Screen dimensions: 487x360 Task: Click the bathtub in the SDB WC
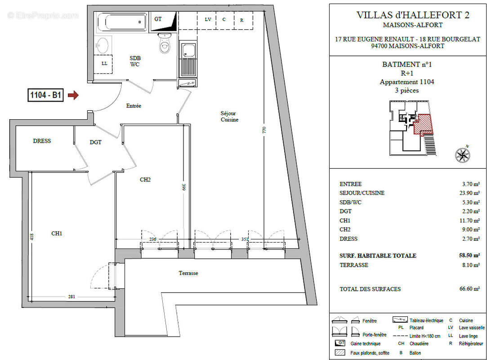coord(122,22)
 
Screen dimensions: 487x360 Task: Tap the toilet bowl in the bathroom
coord(165,44)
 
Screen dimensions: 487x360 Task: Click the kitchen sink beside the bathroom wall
coord(188,59)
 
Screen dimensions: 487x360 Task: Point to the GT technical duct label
coord(158,19)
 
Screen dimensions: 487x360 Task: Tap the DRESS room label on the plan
coord(42,141)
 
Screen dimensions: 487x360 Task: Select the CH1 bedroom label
coord(57,233)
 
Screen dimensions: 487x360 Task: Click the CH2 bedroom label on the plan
coord(145,180)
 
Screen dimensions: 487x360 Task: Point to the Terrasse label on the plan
coord(188,273)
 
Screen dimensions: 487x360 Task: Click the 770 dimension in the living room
coord(264,130)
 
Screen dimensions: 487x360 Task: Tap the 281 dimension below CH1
coord(72,297)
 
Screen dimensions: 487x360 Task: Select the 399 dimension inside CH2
coord(183,187)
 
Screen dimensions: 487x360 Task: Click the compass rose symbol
coord(462,154)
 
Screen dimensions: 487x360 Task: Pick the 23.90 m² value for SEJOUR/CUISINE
coord(469,193)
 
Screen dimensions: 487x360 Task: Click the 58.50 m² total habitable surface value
coord(469,256)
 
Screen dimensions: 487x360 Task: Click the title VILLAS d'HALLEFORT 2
coord(413,15)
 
